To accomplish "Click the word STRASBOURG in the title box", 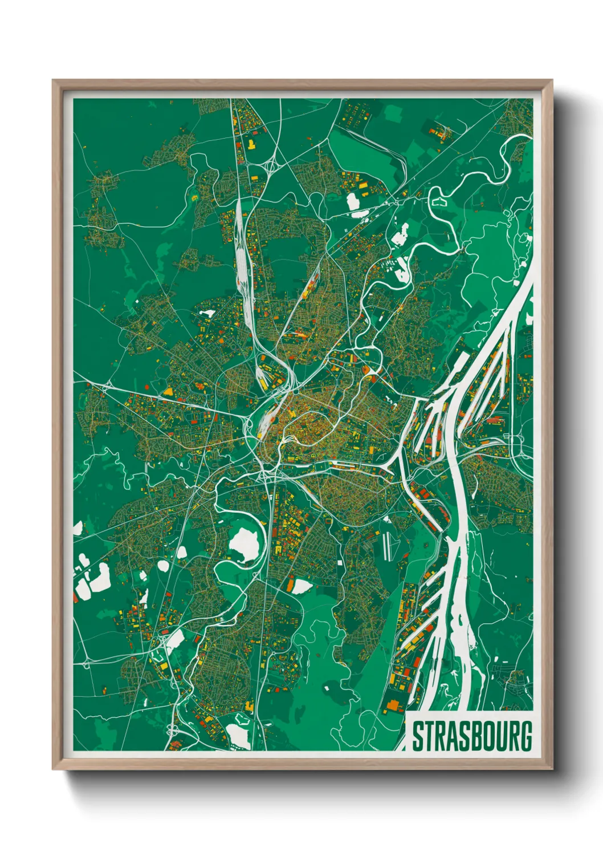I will (472, 736).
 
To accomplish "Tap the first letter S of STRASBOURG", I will (417, 736).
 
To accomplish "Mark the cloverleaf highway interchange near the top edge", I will (270, 166).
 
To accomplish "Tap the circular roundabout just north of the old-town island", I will (296, 392).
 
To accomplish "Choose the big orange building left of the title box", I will (392, 707).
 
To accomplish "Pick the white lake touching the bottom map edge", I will (238, 736).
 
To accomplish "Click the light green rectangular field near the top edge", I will (393, 113).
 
